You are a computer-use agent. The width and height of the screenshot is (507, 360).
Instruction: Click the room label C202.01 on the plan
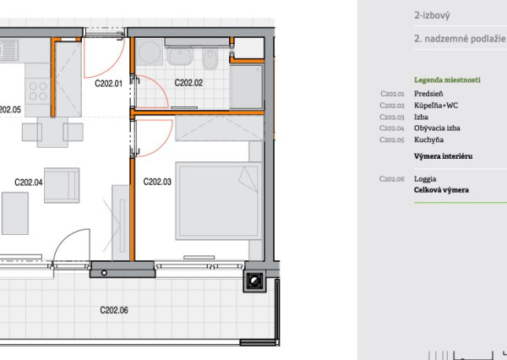pos(109,84)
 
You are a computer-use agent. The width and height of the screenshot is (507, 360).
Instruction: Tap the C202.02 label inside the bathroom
pos(188,83)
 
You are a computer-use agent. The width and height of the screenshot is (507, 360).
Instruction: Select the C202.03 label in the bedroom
pos(157,182)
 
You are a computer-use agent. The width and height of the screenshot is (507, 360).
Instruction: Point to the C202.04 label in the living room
pos(29,183)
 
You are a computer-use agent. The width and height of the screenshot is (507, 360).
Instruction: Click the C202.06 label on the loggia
pos(114,310)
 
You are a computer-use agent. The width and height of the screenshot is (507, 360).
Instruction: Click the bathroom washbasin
pos(180,55)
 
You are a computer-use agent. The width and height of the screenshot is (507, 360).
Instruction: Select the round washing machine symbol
pos(149,52)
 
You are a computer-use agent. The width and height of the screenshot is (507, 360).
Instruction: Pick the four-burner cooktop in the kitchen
pos(38,91)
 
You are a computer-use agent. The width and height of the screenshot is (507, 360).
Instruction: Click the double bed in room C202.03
pos(219,201)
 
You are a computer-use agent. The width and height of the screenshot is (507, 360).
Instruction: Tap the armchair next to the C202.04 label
pos(62,185)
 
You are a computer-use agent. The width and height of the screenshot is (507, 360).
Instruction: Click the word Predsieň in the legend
pos(428,94)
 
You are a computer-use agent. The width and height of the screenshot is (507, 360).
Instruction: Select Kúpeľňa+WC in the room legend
pos(436,106)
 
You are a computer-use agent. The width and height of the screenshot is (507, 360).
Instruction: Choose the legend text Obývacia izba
pos(437,128)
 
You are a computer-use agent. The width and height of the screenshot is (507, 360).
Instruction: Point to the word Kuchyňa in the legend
pos(428,139)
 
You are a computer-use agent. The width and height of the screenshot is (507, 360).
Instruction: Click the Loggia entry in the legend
pos(425,179)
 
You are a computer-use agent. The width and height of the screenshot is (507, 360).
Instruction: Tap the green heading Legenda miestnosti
pos(447,80)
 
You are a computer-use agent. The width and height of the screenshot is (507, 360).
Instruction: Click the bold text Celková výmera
pos(441,190)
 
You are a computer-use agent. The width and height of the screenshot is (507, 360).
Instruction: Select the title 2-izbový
pos(432,15)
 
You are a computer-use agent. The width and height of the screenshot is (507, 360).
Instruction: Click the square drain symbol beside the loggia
pos(254,281)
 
